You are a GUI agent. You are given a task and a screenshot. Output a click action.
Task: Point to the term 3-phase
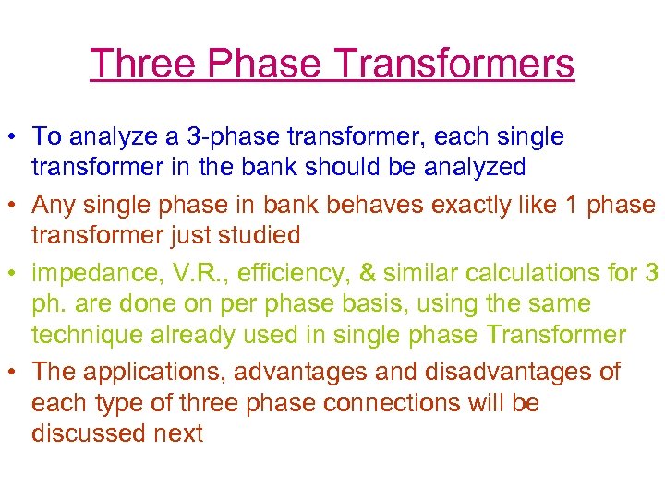pyautogui.click(x=220, y=137)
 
